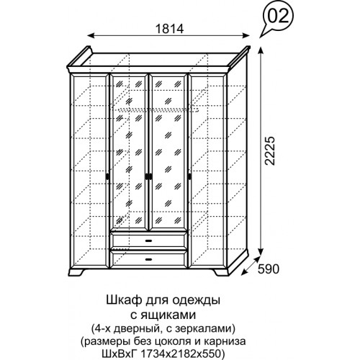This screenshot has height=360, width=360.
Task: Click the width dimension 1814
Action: coord(170,29)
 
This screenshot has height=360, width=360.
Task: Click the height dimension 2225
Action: coord(269,151)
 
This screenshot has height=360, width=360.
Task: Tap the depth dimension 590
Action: coord(269,269)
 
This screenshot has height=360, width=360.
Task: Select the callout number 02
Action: coord(277,17)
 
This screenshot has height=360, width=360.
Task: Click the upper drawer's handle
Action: coord(149,240)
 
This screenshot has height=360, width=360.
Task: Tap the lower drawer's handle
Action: coord(149,259)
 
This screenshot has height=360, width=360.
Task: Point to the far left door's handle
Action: coord(107,176)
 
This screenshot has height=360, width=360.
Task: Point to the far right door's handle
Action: coord(190,176)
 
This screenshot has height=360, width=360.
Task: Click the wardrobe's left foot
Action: coord(76,272)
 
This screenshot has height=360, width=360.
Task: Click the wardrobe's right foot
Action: coord(220,272)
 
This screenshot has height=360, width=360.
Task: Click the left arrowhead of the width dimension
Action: coord(90,35)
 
